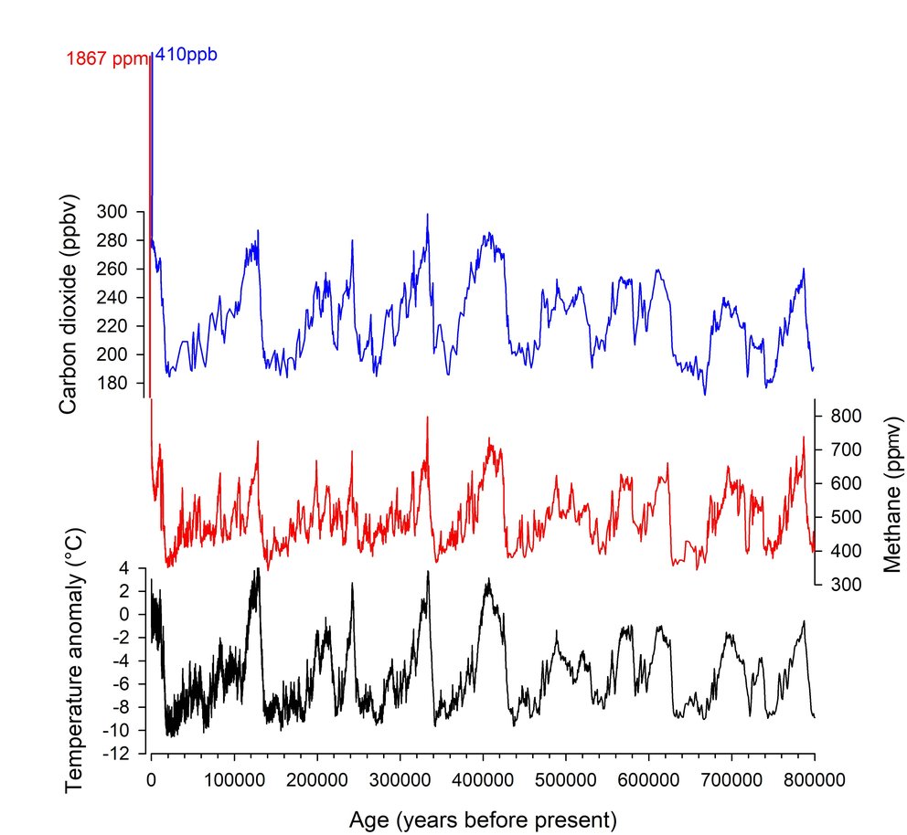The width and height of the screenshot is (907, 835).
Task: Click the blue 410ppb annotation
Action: click(186, 55)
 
